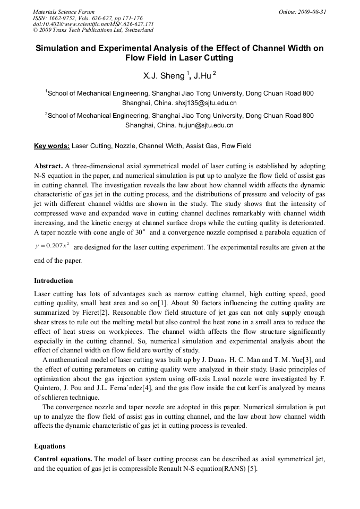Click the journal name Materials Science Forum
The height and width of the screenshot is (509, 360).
pos(64,12)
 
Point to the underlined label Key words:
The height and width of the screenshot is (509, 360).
pos(52,146)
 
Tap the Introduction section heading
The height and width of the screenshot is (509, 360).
pos(54,281)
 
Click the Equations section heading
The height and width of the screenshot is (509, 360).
pos(50,446)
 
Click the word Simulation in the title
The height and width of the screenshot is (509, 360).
pos(59,48)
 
